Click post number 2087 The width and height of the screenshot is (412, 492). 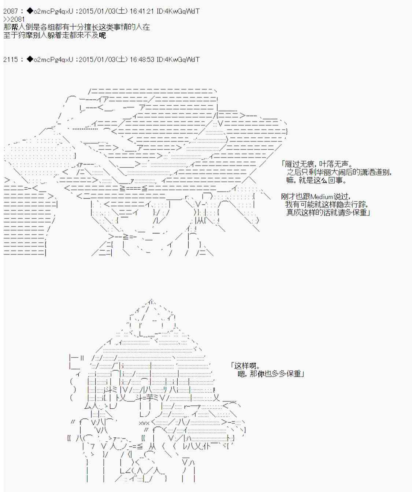pyautogui.click(x=11, y=11)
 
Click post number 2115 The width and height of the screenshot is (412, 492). pyautogui.click(x=11, y=59)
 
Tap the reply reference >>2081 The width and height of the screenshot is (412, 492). pyautogui.click(x=14, y=19)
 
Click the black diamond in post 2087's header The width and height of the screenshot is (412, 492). pyautogui.click(x=30, y=11)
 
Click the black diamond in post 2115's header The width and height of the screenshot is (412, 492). pyautogui.click(x=30, y=59)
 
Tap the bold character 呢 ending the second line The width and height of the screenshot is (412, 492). pyautogui.click(x=102, y=35)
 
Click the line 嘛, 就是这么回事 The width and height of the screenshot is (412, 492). pyautogui.click(x=316, y=181)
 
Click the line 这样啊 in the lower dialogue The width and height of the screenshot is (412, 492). pyautogui.click(x=245, y=366)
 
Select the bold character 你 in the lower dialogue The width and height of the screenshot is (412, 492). pyautogui.click(x=261, y=374)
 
